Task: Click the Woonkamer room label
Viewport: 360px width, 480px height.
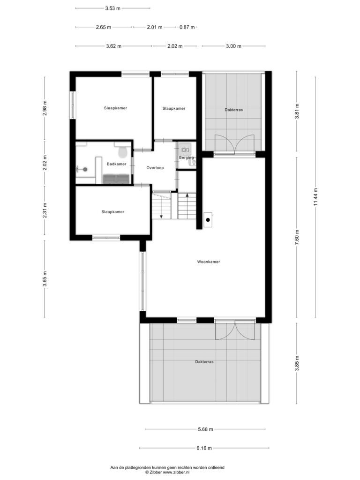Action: coord(209,262)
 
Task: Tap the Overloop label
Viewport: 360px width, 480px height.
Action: coord(155,168)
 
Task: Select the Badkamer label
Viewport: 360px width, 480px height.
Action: coord(116,164)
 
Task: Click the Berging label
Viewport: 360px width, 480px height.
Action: coord(187,157)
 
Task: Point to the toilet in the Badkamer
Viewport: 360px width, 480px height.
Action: coord(123,151)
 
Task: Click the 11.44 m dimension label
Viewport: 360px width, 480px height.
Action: coord(316,197)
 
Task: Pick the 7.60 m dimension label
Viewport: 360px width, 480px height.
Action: coord(297,237)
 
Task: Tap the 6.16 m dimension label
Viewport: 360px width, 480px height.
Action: coord(204,448)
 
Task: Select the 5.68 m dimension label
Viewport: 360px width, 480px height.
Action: coord(205,429)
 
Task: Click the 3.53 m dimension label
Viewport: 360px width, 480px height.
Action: coord(112,8)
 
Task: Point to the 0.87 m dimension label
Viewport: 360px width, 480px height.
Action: coord(187,27)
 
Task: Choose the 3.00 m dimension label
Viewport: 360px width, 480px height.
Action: coord(233,46)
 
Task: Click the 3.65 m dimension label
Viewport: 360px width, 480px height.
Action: coord(45,279)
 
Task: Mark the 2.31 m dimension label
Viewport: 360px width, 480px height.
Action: coord(45,210)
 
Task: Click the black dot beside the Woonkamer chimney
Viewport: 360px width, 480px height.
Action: coord(208,220)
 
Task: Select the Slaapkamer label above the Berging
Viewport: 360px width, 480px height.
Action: coord(174,108)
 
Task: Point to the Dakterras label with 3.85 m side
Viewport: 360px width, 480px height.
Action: coord(204,362)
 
